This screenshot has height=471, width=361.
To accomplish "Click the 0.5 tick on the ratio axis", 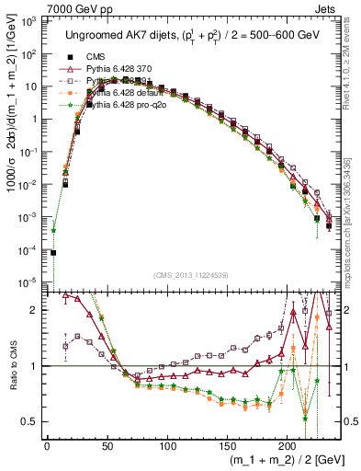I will [33, 421].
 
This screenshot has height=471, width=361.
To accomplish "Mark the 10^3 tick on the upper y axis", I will [30, 20].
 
